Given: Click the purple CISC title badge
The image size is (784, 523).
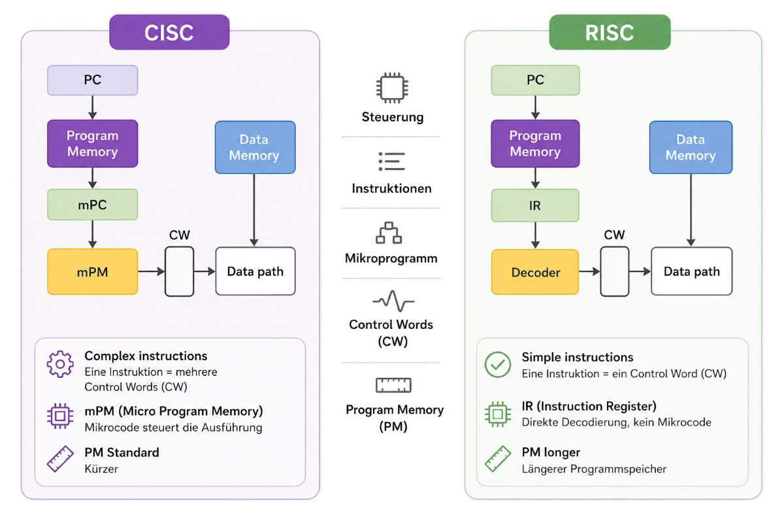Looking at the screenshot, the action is [169, 32].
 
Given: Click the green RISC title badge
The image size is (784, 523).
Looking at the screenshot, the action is [610, 32].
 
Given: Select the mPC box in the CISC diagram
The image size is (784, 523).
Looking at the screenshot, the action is [92, 205].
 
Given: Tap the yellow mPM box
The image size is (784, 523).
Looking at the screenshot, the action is [92, 272].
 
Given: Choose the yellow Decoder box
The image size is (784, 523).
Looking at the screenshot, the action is [535, 272].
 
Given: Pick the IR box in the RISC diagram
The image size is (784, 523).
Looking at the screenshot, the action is [535, 205].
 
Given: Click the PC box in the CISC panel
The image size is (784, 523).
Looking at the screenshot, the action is [92, 80].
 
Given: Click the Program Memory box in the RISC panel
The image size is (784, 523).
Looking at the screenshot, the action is [535, 144].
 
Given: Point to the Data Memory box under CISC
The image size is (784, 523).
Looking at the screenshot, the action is [255, 147].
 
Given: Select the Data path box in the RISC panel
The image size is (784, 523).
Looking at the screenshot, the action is [691, 271].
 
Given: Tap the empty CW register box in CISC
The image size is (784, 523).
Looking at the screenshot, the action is [180, 271].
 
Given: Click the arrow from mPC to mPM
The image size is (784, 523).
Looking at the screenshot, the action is [92, 234].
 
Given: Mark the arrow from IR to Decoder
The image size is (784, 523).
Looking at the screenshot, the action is [535, 235].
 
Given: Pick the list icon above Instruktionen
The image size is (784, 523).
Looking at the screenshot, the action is [392, 161].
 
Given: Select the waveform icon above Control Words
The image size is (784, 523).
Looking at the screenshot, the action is [393, 301].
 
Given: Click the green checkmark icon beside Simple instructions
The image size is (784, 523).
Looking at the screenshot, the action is [498, 365].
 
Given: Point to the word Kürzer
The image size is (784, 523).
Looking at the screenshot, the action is [101, 469].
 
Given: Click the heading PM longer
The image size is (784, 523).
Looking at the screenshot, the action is [551, 452].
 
